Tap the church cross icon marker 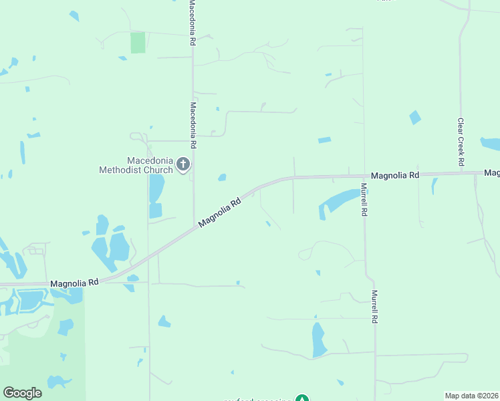click(x=183, y=164)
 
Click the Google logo click(x=22, y=393)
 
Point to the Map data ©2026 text click(x=471, y=396)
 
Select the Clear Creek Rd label click(x=461, y=142)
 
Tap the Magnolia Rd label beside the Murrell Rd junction click(x=394, y=175)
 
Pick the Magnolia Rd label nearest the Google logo click(x=74, y=283)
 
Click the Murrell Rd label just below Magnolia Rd click(x=364, y=199)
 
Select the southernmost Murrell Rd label click(x=375, y=307)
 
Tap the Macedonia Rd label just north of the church click(x=193, y=125)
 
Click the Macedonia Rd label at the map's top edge click(x=192, y=22)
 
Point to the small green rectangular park click(x=137, y=42)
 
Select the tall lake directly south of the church click(x=156, y=189)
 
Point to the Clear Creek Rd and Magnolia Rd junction click(x=461, y=173)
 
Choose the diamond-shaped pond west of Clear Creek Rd click(x=415, y=118)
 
